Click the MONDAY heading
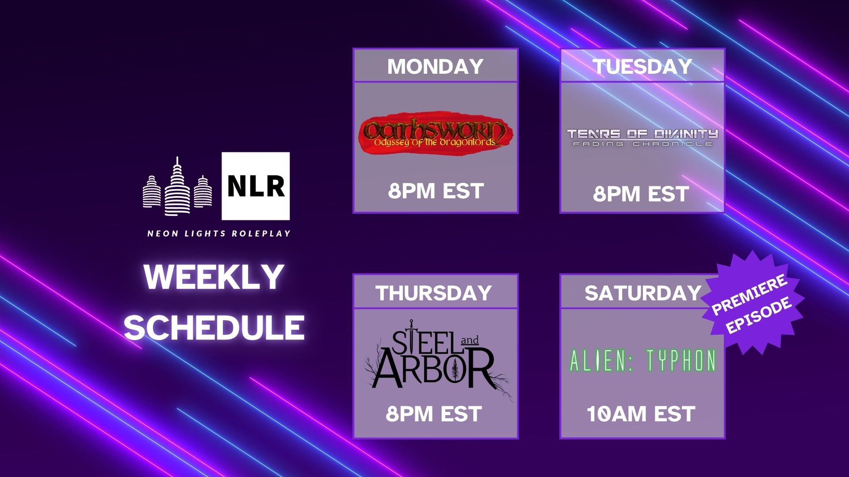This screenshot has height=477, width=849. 436,67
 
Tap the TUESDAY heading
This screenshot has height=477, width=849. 642,67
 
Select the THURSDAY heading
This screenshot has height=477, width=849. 434,293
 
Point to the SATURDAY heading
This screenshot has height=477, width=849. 643,293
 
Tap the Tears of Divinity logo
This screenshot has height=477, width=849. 642,137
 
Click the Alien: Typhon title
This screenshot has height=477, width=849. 642,360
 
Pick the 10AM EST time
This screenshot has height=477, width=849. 641,414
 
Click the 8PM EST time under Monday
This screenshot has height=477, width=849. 436,191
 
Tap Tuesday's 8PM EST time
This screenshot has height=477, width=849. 641,194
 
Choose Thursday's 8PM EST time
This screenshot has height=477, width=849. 433,414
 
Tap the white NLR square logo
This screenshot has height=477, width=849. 256,186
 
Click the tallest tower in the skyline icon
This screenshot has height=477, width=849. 177,187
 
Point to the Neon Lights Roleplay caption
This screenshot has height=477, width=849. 219,233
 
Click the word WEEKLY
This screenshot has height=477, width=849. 214,277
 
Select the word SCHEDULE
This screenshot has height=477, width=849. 214,327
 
